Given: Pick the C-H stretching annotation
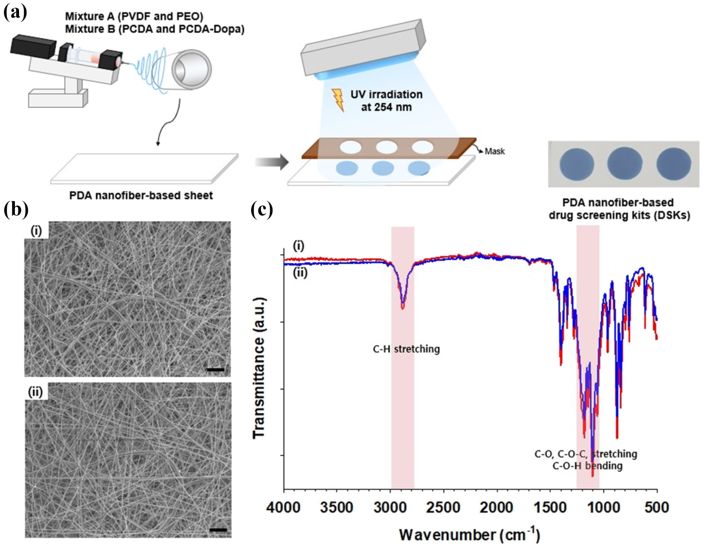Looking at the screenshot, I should tap(406, 349).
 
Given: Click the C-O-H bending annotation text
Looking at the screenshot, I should tap(588, 466).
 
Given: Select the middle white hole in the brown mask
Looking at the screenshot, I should tap(387, 147).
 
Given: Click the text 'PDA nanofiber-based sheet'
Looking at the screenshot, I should tap(141, 196).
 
